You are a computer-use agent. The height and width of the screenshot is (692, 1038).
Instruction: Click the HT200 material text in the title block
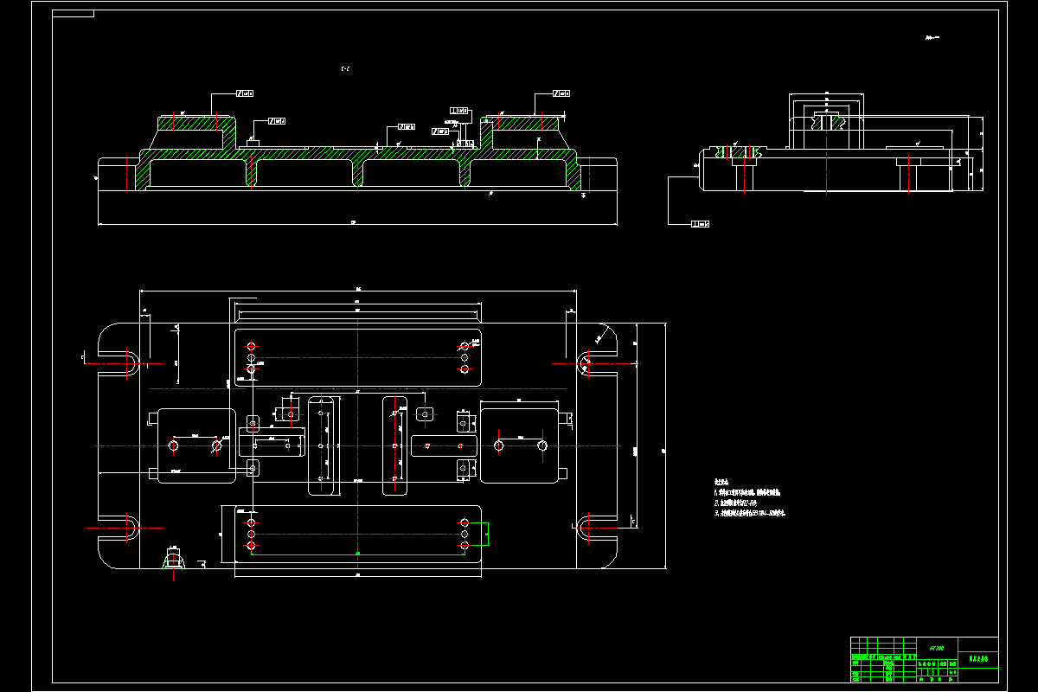(936, 647)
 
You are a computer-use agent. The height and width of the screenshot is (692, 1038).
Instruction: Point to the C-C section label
(346, 68)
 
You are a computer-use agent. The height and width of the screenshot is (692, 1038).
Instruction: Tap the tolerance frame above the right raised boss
(560, 93)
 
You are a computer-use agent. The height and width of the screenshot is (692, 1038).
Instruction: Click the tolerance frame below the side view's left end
(700, 224)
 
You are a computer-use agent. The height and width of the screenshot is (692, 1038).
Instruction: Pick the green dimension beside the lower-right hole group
(487, 535)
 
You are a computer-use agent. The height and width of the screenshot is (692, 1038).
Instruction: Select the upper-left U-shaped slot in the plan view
(130, 362)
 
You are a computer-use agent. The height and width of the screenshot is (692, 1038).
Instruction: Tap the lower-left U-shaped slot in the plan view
(130, 527)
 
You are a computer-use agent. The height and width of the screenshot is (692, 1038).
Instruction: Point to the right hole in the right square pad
(541, 445)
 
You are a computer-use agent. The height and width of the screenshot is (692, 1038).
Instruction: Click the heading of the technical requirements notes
(722, 481)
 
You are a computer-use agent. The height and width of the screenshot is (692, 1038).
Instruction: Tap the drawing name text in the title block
(977, 659)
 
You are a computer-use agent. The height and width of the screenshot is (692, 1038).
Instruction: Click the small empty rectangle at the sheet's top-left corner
(74, 14)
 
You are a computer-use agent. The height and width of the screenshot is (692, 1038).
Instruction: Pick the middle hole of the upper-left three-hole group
(251, 357)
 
